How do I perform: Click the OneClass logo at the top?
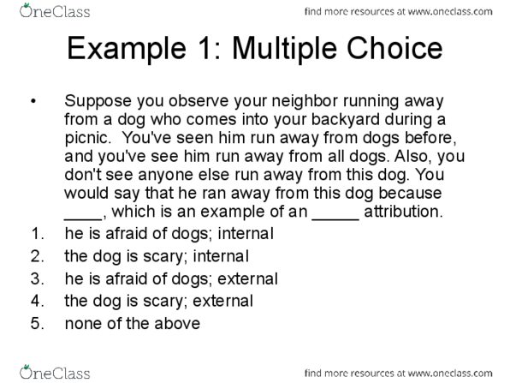55,11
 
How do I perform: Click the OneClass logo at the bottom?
55,373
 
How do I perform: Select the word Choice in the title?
394,48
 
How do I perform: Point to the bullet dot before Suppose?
33,101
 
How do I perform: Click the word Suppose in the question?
98,102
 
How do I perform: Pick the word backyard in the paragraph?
346,120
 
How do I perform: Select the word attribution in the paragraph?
403,212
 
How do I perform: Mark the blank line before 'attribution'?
335,218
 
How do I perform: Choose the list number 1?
36,234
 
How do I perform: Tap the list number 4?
36,301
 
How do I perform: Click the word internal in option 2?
221,256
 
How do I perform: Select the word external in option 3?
247,278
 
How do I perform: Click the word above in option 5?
177,324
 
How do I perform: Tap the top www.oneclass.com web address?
450,12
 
